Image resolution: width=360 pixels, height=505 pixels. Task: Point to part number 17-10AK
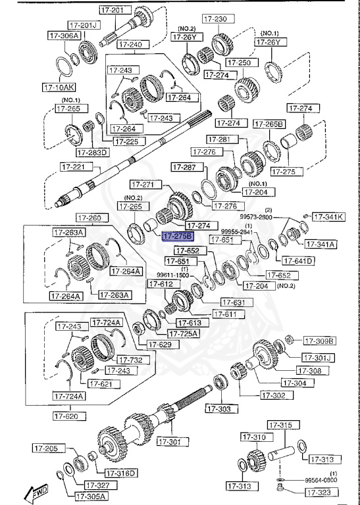tap(59, 86)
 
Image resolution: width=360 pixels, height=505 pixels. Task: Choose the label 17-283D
tap(92, 153)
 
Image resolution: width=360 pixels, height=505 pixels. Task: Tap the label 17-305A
tap(90, 496)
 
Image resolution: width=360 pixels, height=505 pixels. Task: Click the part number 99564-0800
tap(321, 481)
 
